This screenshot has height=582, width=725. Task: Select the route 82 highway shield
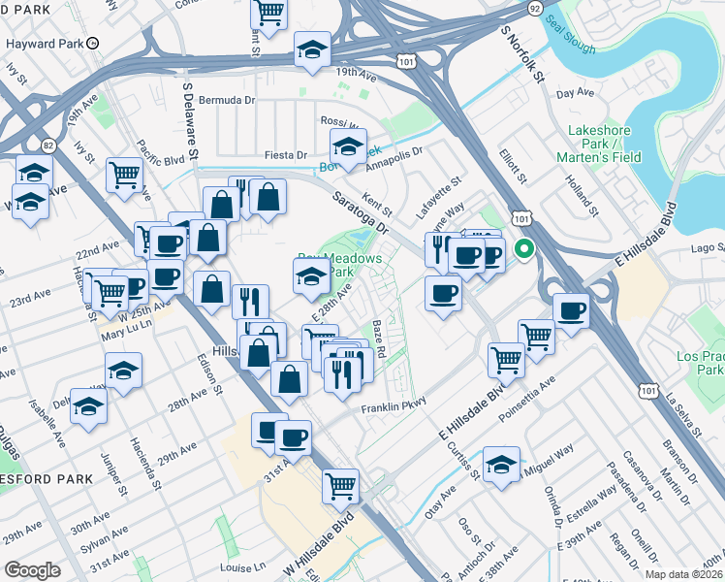point(47,145)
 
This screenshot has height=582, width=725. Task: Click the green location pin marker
point(524,248)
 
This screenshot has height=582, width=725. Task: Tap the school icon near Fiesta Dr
point(347,148)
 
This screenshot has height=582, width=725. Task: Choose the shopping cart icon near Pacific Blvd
point(124,176)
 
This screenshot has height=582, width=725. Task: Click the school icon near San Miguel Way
point(500,466)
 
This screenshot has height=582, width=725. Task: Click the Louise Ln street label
point(242,567)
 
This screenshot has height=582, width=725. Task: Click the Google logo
point(31,570)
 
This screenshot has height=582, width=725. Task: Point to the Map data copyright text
point(687,574)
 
